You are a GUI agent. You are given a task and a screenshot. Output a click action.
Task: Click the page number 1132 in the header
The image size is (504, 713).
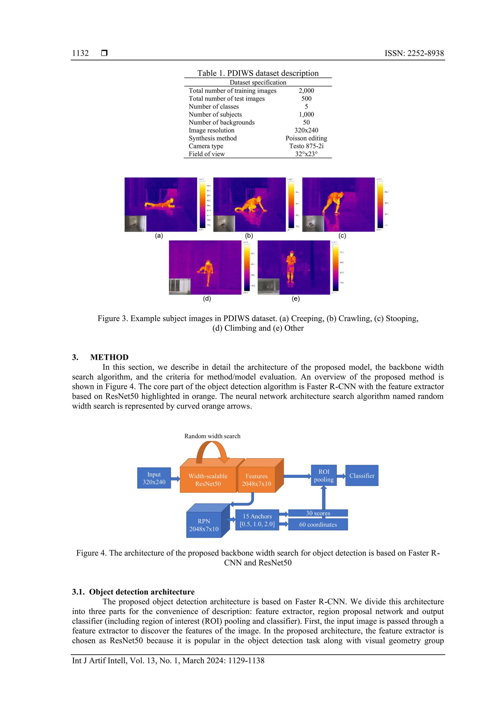coord(80,53)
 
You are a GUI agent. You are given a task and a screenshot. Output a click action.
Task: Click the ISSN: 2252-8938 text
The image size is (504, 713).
coord(414,53)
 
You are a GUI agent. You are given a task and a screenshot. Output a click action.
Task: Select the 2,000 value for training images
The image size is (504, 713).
coord(306,91)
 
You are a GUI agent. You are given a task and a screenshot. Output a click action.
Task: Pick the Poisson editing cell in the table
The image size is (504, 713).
coord(306,138)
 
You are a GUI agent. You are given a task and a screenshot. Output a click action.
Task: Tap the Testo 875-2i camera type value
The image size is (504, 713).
coord(306,146)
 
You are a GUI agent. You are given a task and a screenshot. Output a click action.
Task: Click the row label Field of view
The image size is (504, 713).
coord(206,154)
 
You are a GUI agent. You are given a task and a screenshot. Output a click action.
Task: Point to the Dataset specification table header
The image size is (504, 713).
coord(258,82)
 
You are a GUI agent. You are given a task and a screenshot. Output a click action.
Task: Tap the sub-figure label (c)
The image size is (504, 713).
coord(342,236)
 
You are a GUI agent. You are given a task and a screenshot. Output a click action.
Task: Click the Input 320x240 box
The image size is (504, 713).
coord(154,478)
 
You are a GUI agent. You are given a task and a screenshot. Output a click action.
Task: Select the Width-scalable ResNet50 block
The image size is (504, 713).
coord(208,480)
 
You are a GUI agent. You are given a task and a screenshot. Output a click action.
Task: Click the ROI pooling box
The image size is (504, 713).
coord(324,475)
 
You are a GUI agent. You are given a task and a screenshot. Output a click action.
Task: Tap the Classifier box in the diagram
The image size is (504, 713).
coord(362,475)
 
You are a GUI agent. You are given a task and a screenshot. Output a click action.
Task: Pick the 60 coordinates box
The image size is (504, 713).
coord(318,524)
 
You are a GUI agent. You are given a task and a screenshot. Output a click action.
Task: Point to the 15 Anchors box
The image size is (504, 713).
coord(257,520)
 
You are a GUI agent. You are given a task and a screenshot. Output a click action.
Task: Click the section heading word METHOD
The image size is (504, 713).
coord(109,357)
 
